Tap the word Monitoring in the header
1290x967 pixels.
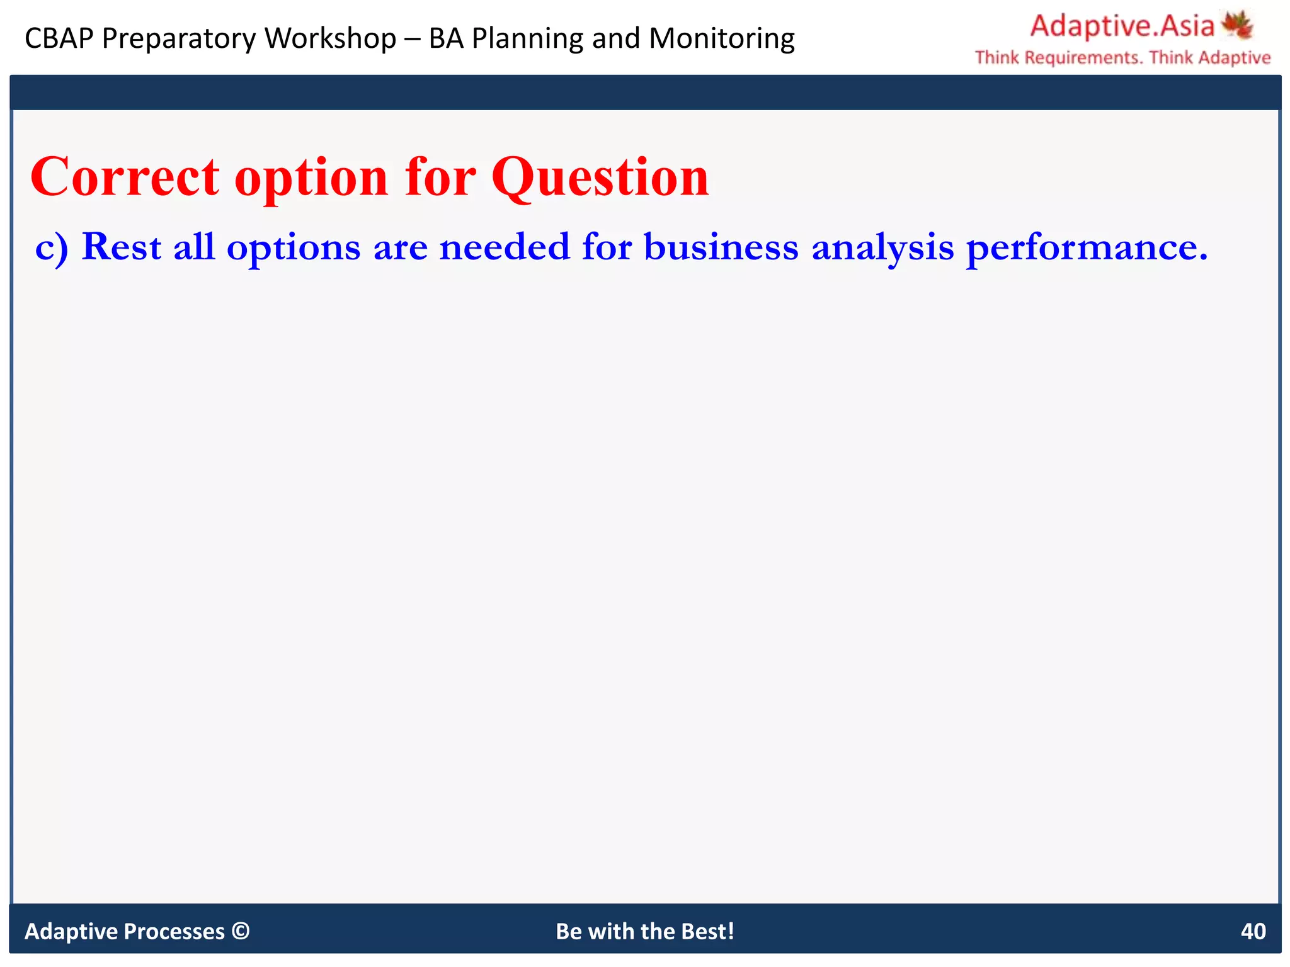click(x=722, y=38)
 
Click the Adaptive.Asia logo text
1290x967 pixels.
click(x=1122, y=26)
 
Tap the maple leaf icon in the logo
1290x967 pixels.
click(x=1237, y=25)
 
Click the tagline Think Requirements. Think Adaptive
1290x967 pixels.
click(x=1122, y=58)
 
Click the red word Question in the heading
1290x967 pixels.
click(x=600, y=178)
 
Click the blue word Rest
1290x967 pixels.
click(x=122, y=246)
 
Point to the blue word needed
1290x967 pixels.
click(x=504, y=246)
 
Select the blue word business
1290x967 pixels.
click(x=721, y=246)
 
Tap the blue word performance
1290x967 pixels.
click(x=1087, y=247)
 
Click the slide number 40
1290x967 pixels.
click(x=1253, y=931)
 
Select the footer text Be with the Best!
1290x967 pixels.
click(x=645, y=931)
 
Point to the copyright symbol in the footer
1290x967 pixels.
click(x=240, y=930)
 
